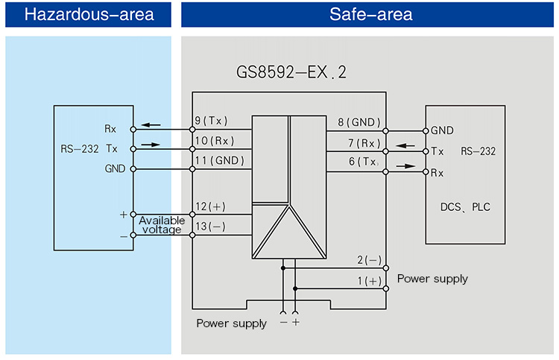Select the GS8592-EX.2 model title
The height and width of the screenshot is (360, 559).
291,73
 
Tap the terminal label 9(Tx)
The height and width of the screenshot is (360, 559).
211,121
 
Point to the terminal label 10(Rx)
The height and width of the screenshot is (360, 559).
214,141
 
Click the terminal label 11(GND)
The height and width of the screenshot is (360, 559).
218,161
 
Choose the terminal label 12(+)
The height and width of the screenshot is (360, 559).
209,206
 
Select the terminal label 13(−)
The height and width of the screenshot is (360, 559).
209,226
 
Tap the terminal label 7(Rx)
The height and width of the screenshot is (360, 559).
363,142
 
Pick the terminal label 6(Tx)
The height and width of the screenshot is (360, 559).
363,162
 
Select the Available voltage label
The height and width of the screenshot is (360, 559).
161,225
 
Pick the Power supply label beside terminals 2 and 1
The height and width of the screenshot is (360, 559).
432,279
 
